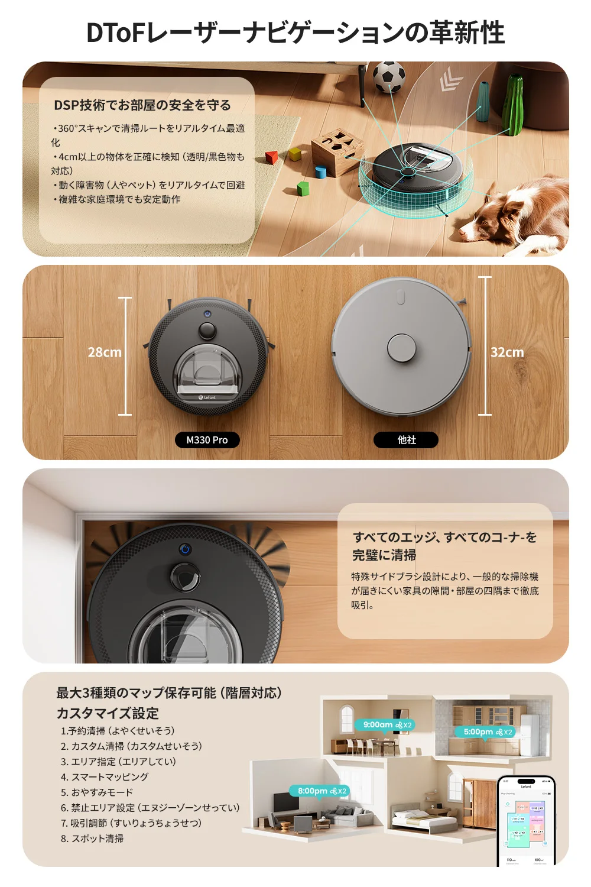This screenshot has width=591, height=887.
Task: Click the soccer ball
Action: (389, 77)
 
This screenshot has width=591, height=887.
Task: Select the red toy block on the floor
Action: (271, 157)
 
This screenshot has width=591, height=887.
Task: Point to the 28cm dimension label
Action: (105, 352)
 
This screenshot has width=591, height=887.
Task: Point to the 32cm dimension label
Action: (507, 352)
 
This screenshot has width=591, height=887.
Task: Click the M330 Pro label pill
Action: (207, 440)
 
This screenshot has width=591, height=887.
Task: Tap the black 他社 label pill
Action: (406, 440)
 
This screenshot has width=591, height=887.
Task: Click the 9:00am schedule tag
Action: (385, 725)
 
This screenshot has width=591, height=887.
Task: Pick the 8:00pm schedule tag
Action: (320, 791)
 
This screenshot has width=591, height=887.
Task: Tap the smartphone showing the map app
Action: (525, 822)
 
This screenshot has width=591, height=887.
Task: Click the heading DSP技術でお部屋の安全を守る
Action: (142, 105)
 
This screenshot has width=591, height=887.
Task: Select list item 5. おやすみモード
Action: (97, 792)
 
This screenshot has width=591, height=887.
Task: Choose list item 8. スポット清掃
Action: (92, 839)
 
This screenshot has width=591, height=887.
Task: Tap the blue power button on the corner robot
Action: (186, 549)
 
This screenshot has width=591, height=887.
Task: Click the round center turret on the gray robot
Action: (401, 348)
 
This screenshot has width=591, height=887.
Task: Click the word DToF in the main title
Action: (115, 33)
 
